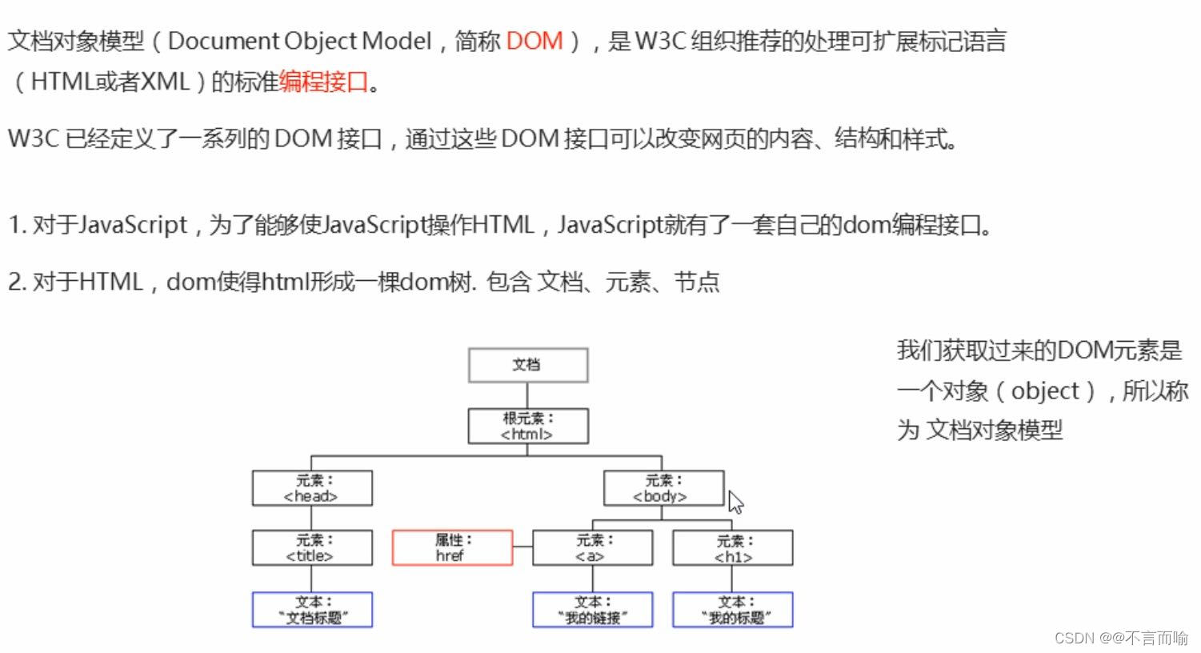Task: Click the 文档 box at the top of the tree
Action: tap(527, 365)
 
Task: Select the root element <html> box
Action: tap(527, 427)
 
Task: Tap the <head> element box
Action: tap(312, 488)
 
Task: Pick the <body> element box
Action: tap(663, 488)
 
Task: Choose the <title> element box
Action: tap(312, 548)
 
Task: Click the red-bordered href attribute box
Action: tap(452, 548)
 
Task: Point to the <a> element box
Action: tap(592, 548)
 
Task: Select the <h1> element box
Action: tap(733, 548)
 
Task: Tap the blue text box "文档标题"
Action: tap(312, 610)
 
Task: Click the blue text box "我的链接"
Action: tap(592, 610)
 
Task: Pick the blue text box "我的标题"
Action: tap(733, 610)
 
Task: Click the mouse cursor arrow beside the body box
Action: tap(735, 502)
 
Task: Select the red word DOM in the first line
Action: tap(534, 41)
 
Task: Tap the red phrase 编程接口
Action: tap(324, 82)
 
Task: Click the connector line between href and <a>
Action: tap(522, 547)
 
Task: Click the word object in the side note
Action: tap(1045, 391)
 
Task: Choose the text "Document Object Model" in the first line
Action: tap(300, 41)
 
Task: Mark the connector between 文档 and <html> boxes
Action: tap(527, 395)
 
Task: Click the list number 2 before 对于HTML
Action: tap(15, 282)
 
